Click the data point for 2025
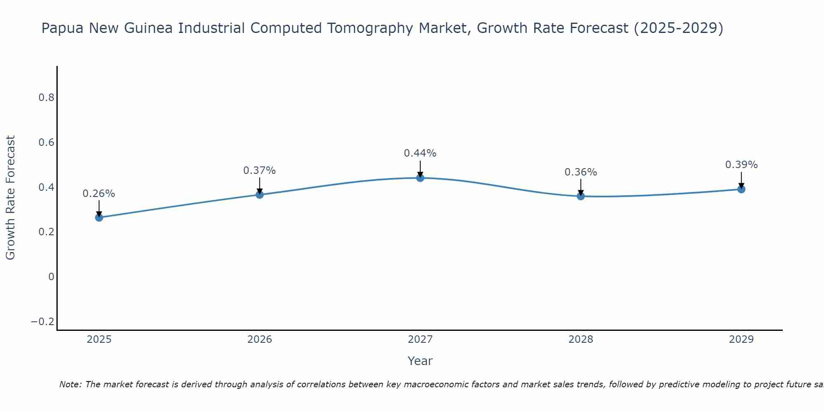[99, 217]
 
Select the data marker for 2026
[260, 194]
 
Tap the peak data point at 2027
[420, 178]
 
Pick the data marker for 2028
[581, 196]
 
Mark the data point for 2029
[741, 189]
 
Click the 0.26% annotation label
[99, 194]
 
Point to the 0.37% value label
[260, 171]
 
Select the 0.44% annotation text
[420, 153]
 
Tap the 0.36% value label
[581, 172]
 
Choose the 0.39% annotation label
[741, 165]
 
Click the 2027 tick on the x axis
[420, 339]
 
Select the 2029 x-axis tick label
[741, 339]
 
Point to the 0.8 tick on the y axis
[46, 98]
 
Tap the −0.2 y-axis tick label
[43, 321]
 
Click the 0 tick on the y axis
[51, 276]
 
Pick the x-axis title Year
[420, 361]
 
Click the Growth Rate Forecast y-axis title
[10, 198]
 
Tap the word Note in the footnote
[70, 384]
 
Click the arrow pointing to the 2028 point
[581, 187]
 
